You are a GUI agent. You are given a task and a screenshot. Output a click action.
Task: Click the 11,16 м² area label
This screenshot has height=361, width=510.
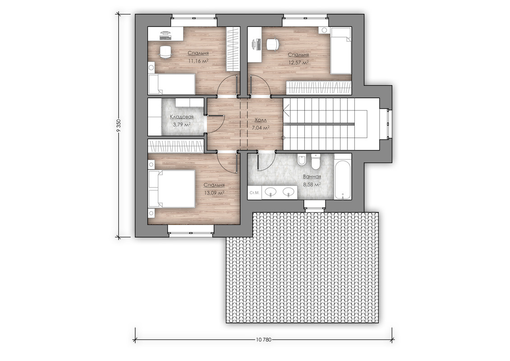pos(198,60)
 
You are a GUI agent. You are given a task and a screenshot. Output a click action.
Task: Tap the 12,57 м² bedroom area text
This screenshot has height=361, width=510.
pos(298,63)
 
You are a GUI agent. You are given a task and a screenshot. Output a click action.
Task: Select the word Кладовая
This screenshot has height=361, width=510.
pos(182,117)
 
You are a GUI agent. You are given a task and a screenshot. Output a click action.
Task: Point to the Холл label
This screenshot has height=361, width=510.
pos(261,120)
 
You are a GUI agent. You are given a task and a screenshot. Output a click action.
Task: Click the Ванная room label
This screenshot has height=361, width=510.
pos(312,177)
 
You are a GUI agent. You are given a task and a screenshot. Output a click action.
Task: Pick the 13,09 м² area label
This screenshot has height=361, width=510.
pos(214,193)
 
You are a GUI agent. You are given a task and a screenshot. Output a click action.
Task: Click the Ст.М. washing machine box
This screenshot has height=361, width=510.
pos(254,193)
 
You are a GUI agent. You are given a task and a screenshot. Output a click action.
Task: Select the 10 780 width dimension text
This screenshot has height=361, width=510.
pos(263,339)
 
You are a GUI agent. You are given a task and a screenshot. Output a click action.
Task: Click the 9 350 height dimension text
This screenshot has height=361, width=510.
pos(119,126)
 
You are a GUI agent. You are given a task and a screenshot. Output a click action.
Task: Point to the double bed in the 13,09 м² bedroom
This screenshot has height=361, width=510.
pos(172,189)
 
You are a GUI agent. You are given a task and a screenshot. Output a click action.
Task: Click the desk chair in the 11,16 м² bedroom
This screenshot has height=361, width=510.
pos(165,52)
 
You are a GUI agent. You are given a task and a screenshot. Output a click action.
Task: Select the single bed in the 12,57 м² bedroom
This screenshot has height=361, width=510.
pos(341,51)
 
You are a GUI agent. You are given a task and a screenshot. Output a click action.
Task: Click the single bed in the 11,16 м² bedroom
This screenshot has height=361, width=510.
pos(172,84)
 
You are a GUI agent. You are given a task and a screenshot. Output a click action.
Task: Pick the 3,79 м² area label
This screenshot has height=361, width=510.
pos(182,125)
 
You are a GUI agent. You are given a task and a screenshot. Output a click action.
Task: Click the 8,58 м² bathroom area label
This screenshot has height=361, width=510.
pos(312,184)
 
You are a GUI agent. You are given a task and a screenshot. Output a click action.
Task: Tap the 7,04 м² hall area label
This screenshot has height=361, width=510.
pos(261,128)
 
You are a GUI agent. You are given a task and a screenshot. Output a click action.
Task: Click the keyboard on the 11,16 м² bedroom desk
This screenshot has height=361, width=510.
pos(165,38)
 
